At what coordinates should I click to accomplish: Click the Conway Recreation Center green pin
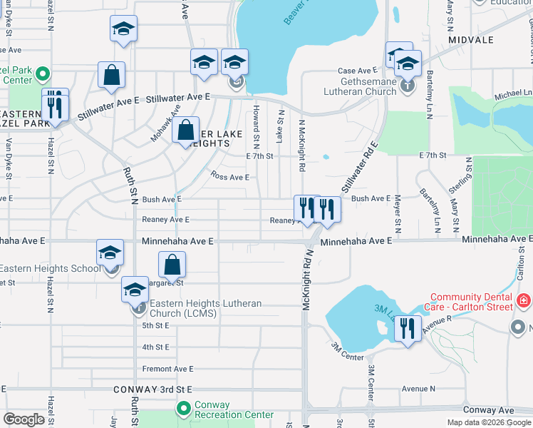pos(183,409)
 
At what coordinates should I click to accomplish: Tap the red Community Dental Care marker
pos(524,301)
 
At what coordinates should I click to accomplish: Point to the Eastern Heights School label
pos(50,269)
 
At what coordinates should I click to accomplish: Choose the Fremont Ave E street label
pos(167,369)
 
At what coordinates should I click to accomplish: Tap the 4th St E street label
pos(155,347)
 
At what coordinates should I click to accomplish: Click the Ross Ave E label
pos(229,176)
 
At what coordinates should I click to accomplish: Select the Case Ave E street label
pos(357,71)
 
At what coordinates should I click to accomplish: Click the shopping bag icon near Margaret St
pos(172,265)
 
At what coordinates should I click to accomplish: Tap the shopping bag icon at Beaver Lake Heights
pos(185,131)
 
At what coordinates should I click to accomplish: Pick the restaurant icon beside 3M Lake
pos(407,329)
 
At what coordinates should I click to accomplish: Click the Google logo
pos(24,419)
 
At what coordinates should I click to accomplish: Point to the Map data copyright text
pos(489,422)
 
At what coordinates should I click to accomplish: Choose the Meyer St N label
pos(398,214)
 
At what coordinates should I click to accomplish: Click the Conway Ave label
pos(488,410)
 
